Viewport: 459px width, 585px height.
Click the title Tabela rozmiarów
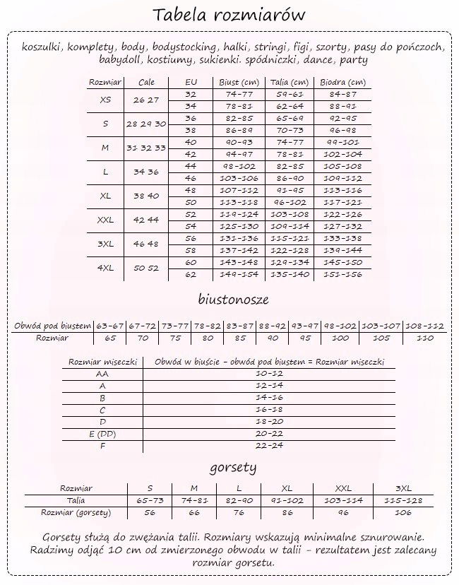(229, 15)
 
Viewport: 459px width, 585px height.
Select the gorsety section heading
(232, 467)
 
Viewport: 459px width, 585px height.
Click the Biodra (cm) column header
(343, 82)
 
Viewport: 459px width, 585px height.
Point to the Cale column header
(147, 82)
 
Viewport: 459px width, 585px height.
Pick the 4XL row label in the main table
(105, 268)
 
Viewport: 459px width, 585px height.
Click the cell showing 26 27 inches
(147, 100)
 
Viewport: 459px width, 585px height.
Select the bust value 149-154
(238, 274)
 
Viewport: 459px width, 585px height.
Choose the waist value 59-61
(290, 93)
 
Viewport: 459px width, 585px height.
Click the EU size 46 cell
(191, 178)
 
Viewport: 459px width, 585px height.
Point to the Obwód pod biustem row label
(53, 326)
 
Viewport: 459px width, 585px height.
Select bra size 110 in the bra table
(425, 338)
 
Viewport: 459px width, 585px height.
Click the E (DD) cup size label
(102, 433)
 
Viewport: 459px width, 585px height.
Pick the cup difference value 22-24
(269, 445)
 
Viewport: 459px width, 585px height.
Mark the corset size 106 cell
(403, 512)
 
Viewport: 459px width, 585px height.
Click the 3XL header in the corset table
(403, 488)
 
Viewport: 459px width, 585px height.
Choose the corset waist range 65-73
(150, 500)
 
